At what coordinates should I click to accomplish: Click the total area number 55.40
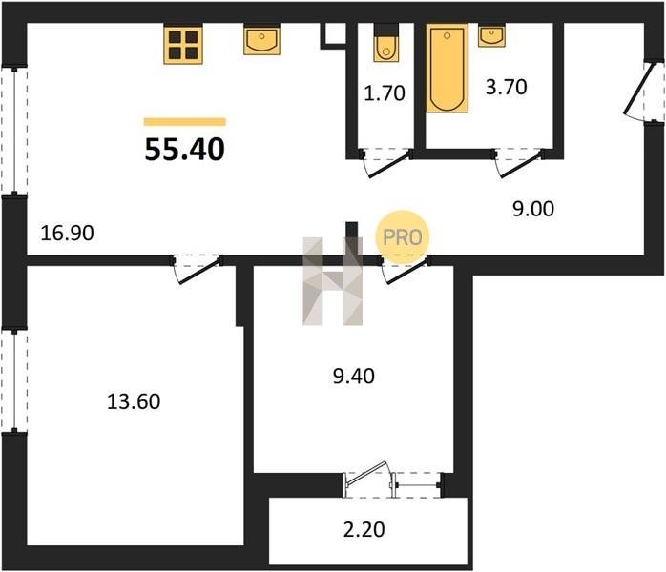pos(185,150)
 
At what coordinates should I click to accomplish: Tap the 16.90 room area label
pos(67,234)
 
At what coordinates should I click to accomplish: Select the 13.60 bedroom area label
pos(134,401)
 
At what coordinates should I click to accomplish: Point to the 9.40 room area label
pos(354,376)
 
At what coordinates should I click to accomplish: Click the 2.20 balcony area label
pos(364,529)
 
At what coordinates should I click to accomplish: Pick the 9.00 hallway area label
pos(533,209)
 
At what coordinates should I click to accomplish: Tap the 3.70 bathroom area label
pos(507,87)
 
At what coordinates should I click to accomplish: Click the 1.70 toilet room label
pos(385,92)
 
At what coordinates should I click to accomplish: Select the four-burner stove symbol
pos(183,44)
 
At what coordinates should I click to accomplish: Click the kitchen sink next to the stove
pos(262,39)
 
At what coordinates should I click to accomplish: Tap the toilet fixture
pos(386,43)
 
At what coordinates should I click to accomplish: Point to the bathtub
pos(447,68)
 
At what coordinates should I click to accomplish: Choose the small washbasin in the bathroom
pos(491,35)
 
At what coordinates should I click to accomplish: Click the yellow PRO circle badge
pos(403,237)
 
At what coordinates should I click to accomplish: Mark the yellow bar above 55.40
pos(185,122)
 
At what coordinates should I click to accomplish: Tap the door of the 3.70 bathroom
pos(518,162)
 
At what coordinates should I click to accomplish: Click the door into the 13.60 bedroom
pos(198,268)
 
